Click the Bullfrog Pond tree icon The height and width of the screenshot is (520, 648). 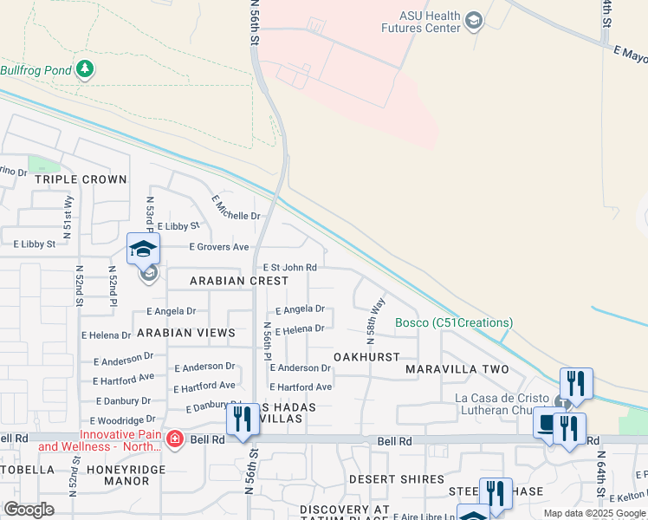(x=84, y=69)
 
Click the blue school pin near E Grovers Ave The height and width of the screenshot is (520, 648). (x=144, y=250)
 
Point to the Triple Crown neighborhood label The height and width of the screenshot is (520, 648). (x=80, y=179)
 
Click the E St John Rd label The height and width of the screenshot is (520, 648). (x=289, y=268)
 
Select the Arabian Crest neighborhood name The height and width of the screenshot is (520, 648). (x=239, y=281)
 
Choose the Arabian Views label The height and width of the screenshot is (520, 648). (x=185, y=333)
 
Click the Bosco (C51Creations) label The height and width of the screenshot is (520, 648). (x=454, y=323)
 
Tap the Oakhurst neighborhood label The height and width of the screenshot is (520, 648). (x=366, y=357)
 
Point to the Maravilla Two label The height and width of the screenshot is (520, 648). (x=457, y=369)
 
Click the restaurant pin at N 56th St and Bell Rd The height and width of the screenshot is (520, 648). (x=243, y=419)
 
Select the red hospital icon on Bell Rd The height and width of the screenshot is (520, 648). (x=175, y=439)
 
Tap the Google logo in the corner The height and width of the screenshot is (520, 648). (x=29, y=510)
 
